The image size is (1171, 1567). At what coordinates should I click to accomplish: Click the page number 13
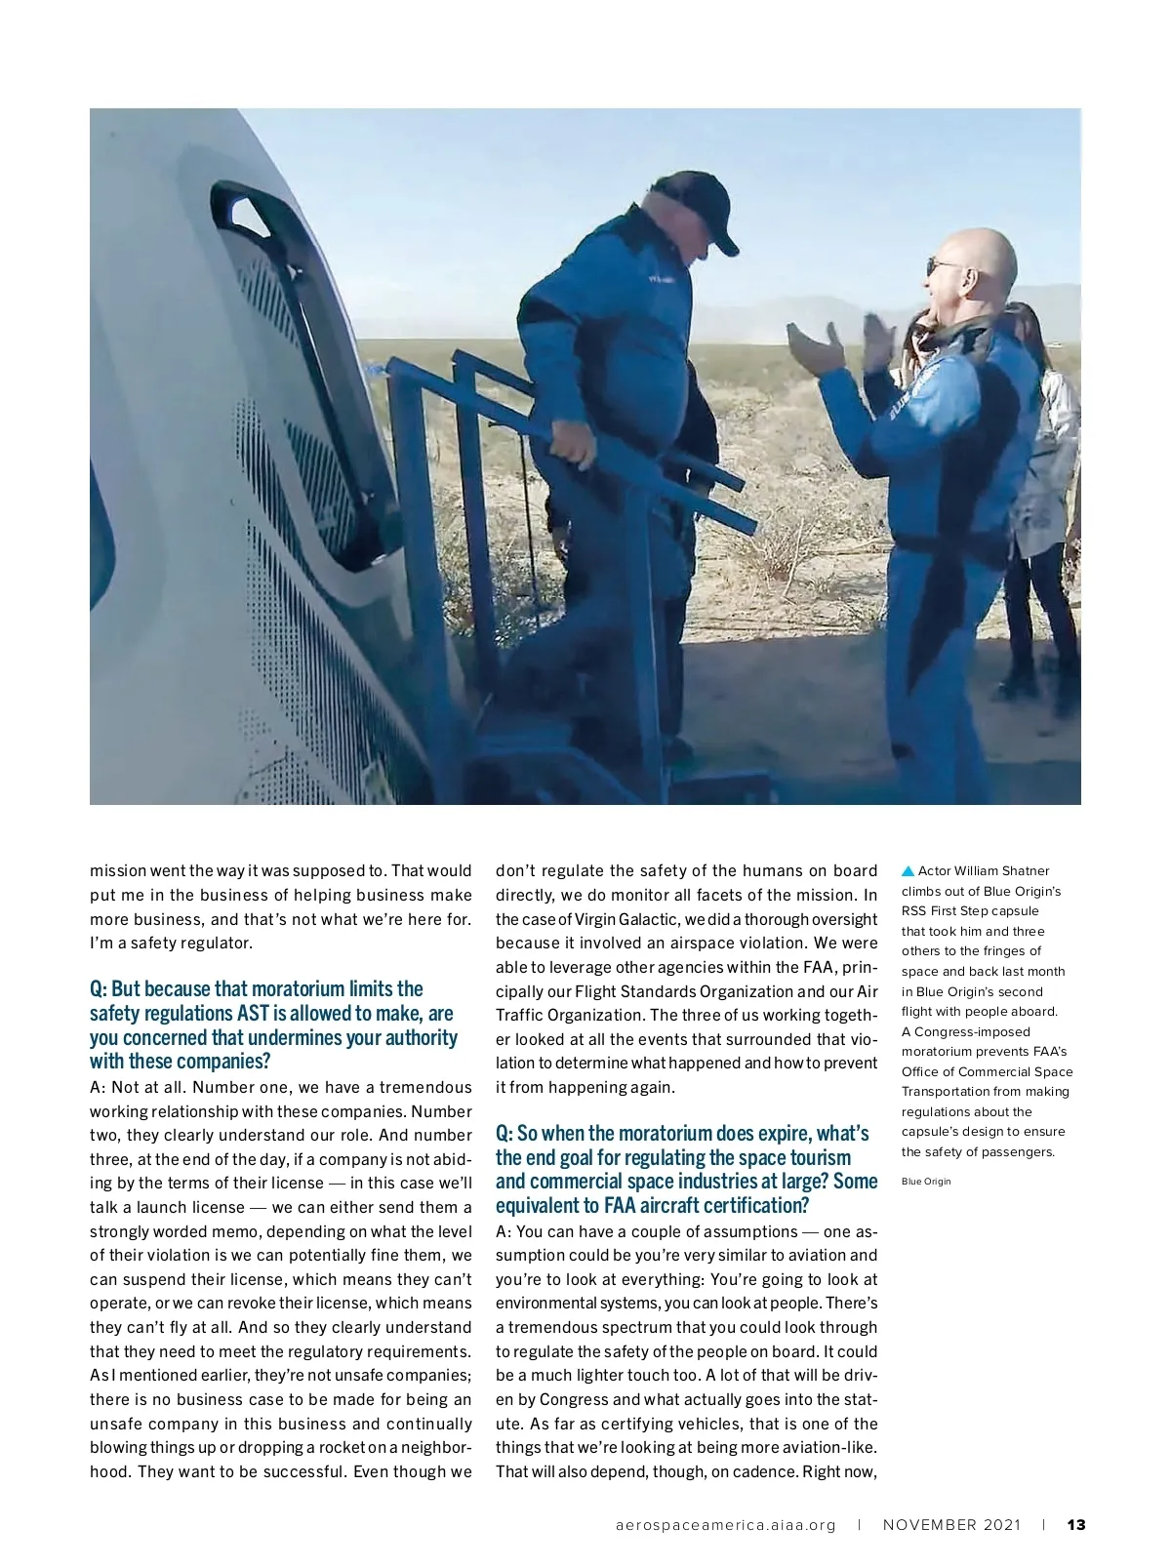1076,1524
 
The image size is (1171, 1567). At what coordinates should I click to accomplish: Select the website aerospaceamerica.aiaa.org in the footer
725,1525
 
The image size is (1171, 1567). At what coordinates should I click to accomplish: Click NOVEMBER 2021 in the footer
951,1525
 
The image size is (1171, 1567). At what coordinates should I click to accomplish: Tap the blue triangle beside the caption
908,870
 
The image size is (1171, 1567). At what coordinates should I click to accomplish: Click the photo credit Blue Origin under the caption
925,1182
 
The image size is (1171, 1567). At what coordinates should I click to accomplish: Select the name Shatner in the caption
1024,871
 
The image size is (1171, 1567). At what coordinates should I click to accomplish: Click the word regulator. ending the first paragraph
219,944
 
